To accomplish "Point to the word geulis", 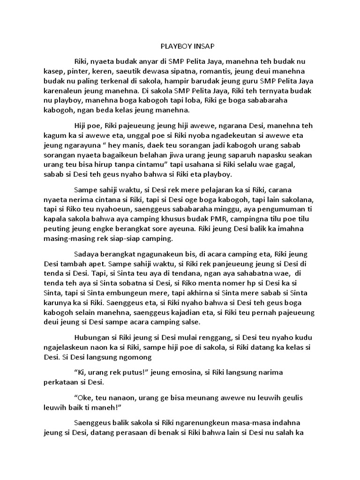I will [x=289, y=397].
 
